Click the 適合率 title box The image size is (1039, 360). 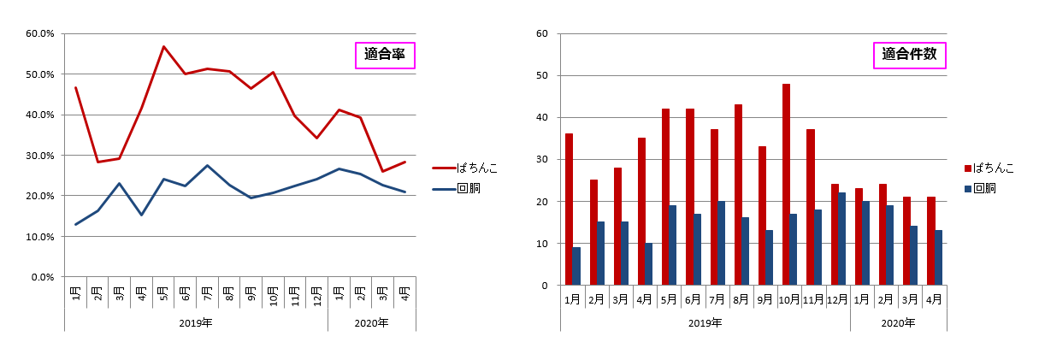(385, 56)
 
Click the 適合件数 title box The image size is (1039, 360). (909, 56)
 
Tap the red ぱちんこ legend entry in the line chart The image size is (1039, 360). (465, 168)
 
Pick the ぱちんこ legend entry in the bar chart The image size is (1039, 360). (989, 168)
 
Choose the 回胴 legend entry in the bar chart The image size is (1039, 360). (982, 188)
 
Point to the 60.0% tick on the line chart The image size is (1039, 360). (40, 34)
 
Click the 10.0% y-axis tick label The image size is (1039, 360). (40, 237)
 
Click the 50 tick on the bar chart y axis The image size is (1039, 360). (541, 76)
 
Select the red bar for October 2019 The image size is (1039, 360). (786, 185)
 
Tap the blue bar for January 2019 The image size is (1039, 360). (576, 266)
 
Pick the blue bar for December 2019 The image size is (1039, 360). (842, 239)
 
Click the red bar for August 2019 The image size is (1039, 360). (738, 195)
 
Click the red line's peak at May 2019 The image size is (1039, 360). (163, 46)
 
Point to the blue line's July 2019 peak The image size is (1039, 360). (207, 165)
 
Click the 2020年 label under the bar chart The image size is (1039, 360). (898, 323)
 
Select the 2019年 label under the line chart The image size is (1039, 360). (196, 323)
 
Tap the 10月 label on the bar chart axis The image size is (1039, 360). (789, 300)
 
